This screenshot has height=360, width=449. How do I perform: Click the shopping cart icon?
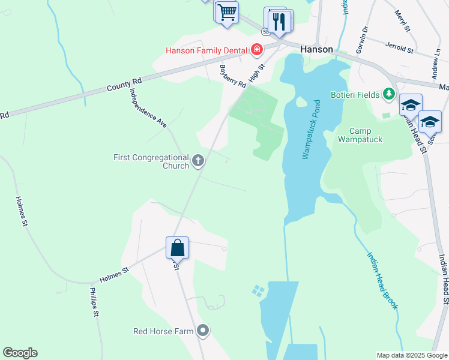point(227,12)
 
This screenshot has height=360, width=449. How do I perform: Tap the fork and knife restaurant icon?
point(278,21)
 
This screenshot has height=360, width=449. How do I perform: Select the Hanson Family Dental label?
point(208,49)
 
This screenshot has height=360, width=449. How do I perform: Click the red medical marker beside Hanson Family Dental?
point(257,49)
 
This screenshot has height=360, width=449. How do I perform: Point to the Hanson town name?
point(316,49)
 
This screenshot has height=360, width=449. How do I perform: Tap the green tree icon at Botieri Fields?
point(389,94)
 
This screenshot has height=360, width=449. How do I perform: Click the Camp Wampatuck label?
point(360,135)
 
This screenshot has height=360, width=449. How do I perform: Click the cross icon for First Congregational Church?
point(198,161)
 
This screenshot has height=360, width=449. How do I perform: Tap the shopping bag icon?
point(178,247)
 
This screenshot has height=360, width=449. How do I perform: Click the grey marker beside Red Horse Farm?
point(203,331)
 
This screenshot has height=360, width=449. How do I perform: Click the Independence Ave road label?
point(148,109)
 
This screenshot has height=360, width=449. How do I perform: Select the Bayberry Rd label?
point(233,76)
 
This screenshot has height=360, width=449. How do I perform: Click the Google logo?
point(20,353)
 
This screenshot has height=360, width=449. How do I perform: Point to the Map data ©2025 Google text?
point(412,355)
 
